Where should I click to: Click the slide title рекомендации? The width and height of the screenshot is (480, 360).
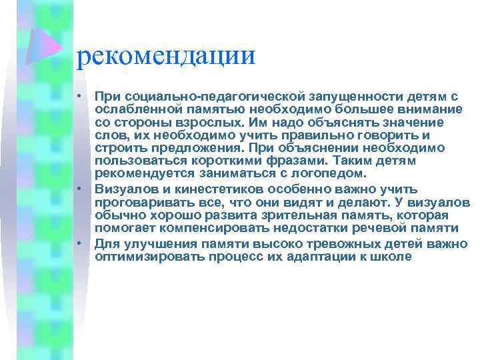(166, 55)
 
